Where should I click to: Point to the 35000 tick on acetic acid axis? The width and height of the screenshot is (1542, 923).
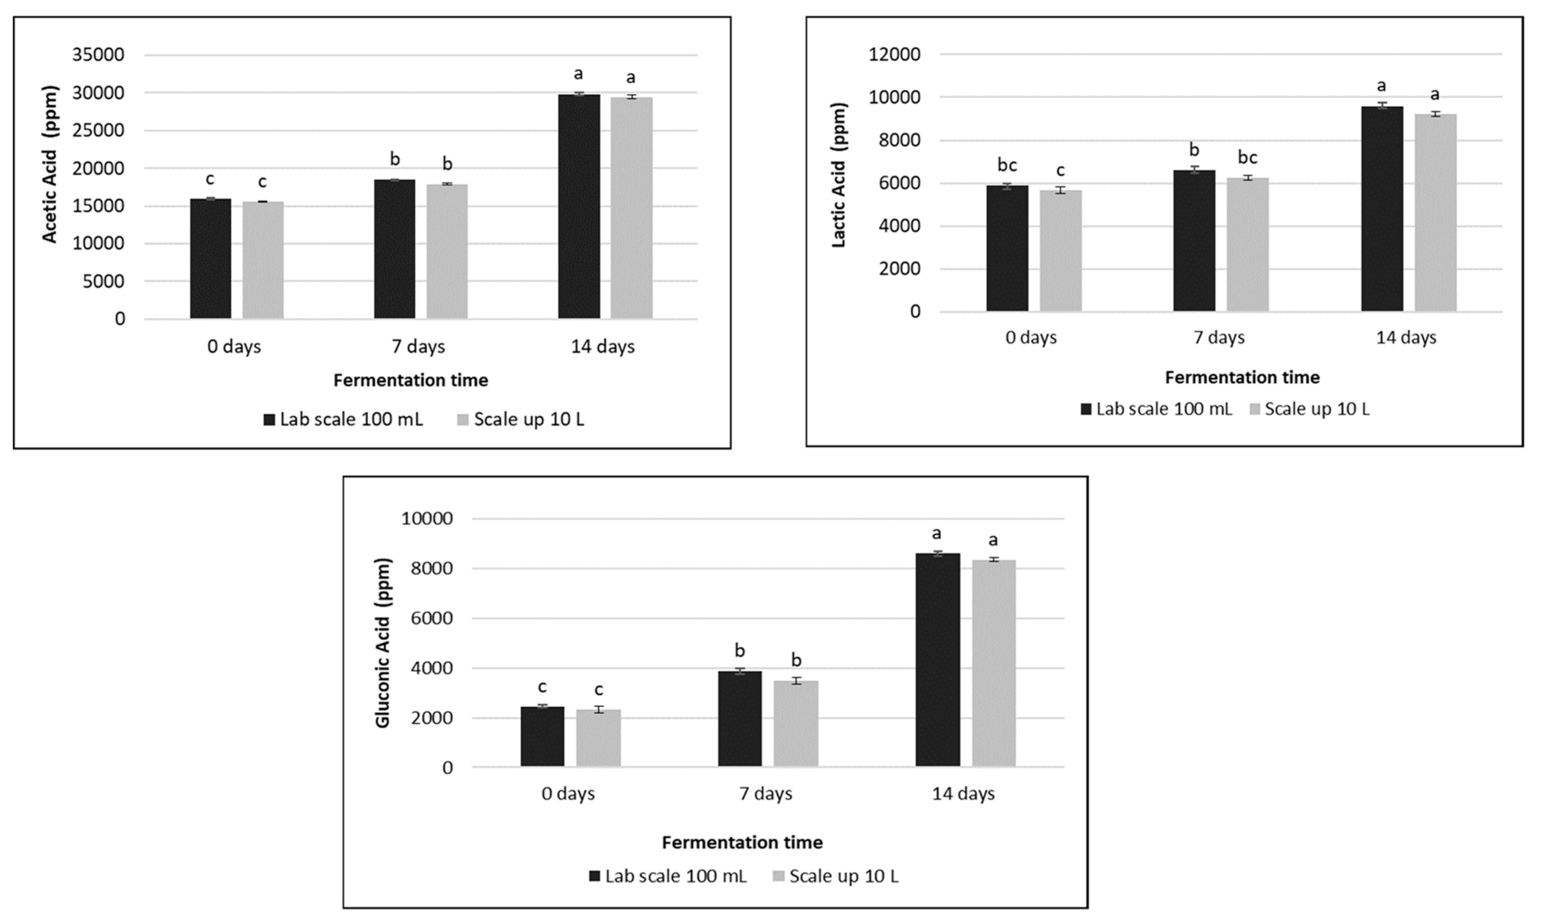point(98,55)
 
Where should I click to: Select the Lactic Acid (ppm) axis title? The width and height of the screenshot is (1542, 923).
point(839,175)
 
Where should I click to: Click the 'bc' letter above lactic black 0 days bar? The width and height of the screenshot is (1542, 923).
point(1007,165)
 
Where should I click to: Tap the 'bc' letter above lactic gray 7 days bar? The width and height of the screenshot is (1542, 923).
point(1247,157)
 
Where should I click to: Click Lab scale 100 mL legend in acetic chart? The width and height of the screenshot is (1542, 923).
point(344,420)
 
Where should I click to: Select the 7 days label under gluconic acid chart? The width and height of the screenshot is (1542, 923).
point(765,794)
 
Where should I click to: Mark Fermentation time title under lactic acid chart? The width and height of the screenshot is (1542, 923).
point(1242,377)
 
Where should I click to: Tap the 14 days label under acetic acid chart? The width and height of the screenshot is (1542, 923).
point(603,347)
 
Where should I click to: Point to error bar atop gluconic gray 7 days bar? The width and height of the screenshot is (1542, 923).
point(796,681)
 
